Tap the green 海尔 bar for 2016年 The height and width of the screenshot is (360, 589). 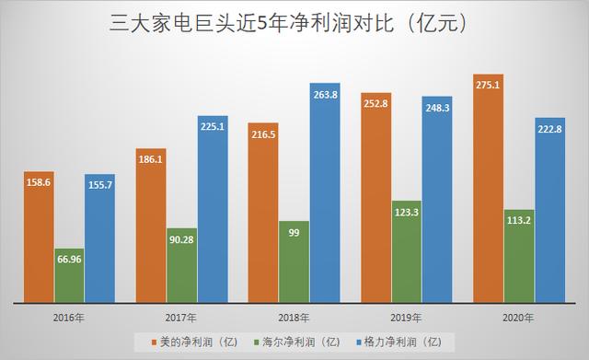tap(73, 273)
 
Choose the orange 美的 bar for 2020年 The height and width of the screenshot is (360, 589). tap(490, 184)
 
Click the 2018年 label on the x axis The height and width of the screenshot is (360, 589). tap(294, 317)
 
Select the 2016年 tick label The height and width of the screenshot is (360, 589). tap(73, 317)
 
